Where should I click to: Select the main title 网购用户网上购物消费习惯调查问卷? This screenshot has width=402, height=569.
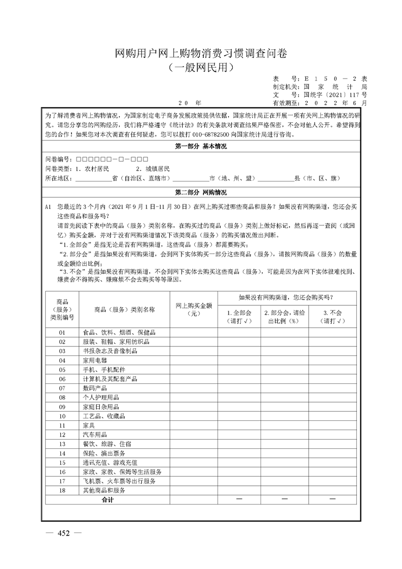(x=201, y=54)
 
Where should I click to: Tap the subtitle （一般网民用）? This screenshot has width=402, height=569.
(x=201, y=67)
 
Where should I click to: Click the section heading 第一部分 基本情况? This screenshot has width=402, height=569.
(x=201, y=147)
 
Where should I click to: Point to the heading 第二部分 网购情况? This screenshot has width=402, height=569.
(x=201, y=193)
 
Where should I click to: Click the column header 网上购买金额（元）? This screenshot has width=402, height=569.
(x=194, y=309)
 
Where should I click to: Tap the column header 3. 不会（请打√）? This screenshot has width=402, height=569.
(x=333, y=316)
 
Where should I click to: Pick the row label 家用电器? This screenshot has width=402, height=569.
(x=95, y=360)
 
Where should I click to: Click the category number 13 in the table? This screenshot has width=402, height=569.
(x=62, y=444)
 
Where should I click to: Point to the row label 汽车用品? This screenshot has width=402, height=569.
(x=95, y=435)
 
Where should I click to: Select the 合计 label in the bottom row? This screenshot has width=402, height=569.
(x=107, y=500)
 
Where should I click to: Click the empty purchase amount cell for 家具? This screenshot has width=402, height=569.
(x=194, y=425)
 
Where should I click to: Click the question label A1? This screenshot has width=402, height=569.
(x=48, y=207)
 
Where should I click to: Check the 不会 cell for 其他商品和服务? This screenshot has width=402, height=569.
(x=333, y=490)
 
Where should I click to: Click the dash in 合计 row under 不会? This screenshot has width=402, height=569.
(x=333, y=500)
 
